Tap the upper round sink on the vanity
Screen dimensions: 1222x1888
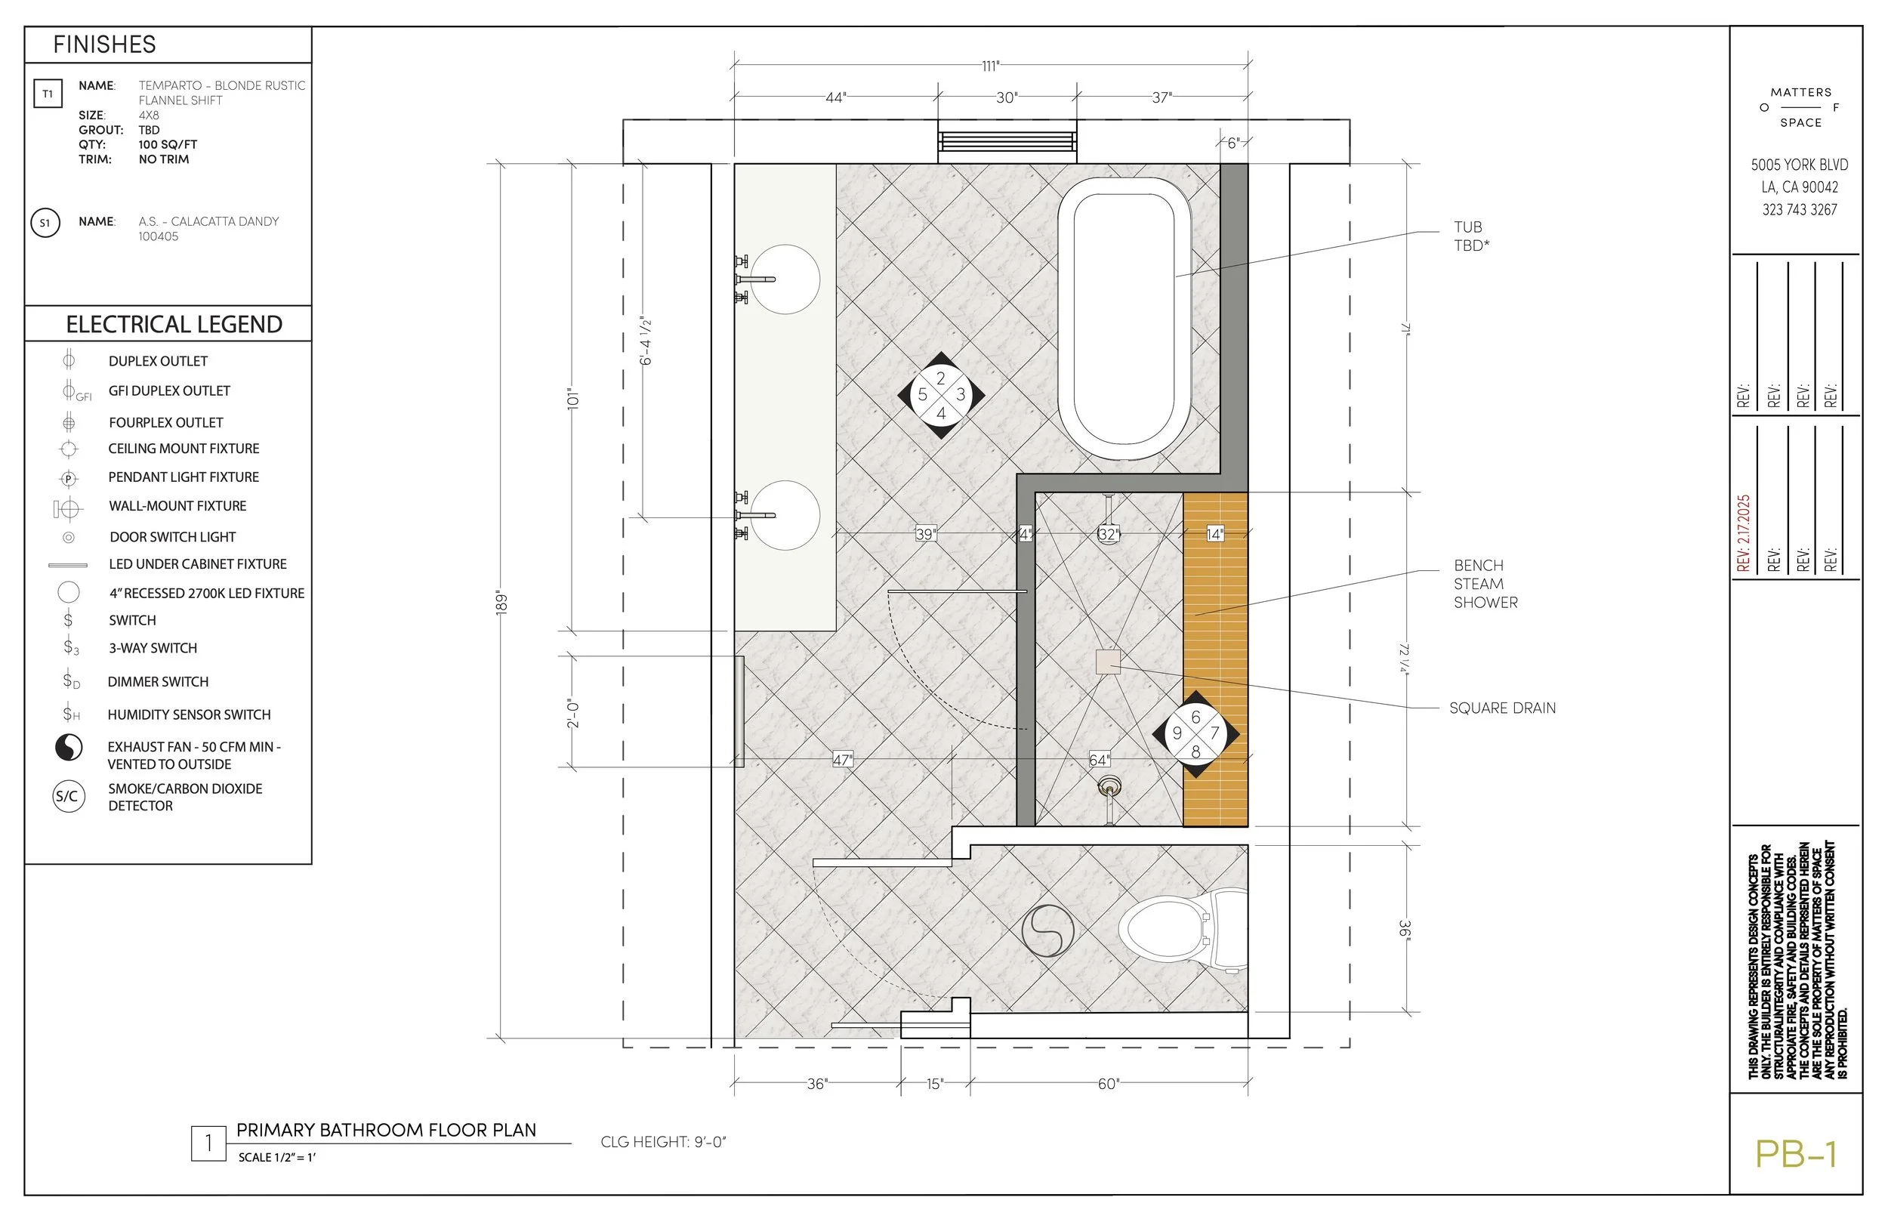tap(785, 279)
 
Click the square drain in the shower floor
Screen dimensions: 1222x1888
tap(1107, 662)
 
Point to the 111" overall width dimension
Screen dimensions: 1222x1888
tap(990, 66)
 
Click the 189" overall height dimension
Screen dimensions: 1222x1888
tap(501, 601)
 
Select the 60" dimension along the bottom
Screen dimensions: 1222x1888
tap(1107, 1084)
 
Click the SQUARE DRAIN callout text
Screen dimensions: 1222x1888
tap(1501, 708)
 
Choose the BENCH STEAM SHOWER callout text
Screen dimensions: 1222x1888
tap(1485, 584)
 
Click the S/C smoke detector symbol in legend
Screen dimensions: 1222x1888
tap(68, 796)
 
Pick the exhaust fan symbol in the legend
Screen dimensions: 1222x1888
tap(69, 748)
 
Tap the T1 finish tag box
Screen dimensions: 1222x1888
tap(48, 94)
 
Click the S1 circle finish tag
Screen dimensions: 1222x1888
tap(45, 223)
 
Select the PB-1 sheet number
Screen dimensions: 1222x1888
tap(1795, 1155)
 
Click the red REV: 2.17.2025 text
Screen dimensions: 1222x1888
tap(1743, 533)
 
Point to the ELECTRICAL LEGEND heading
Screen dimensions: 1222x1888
tap(174, 324)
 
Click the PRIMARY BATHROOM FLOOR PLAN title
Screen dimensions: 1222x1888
tap(387, 1130)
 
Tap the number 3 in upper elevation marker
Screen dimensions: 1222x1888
tap(960, 394)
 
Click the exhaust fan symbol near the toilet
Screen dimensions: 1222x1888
tap(1048, 930)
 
